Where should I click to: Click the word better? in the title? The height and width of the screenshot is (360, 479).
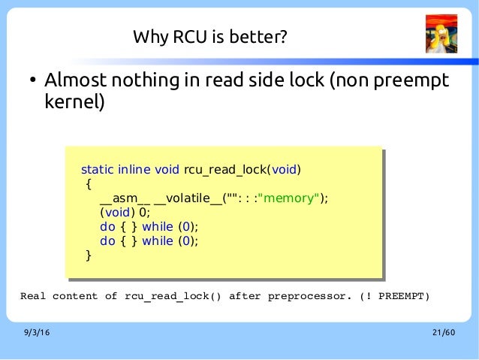pyautogui.click(x=261, y=36)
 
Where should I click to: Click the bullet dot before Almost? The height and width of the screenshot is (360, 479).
pyautogui.click(x=33, y=81)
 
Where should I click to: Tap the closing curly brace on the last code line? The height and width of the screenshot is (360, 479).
pyautogui.click(x=89, y=255)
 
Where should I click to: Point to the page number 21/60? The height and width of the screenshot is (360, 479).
pyautogui.click(x=444, y=333)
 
